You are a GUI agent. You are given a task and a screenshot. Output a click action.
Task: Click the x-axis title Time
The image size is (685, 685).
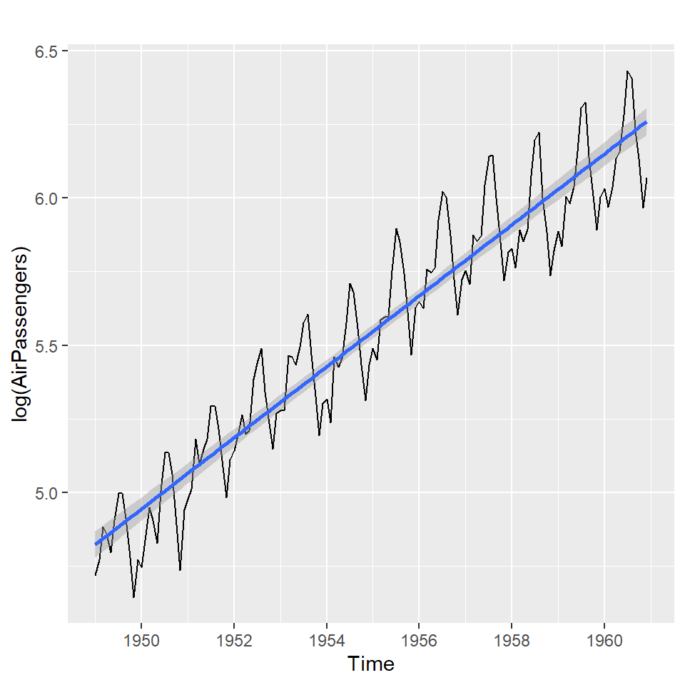pyautogui.click(x=371, y=665)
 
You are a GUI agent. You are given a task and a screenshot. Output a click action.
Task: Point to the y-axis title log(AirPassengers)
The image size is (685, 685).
pyautogui.click(x=23, y=335)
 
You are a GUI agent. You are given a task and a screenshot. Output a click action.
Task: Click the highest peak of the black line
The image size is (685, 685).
pyautogui.click(x=627, y=71)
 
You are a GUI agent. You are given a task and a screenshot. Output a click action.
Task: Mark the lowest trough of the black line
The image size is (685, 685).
pyautogui.click(x=133, y=597)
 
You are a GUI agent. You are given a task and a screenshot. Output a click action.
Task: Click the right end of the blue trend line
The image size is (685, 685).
pyautogui.click(x=646, y=122)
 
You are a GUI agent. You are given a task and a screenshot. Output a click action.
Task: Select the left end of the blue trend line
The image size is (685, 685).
pyautogui.click(x=96, y=544)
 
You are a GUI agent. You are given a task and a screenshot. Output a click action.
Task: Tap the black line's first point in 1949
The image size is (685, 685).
pyautogui.click(x=96, y=575)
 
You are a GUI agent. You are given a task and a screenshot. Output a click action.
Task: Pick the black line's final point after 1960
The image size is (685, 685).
pyautogui.click(x=647, y=178)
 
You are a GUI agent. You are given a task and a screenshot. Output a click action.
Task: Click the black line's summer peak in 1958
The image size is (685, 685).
pyautogui.click(x=539, y=132)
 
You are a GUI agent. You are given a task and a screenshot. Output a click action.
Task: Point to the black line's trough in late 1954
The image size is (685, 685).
pyautogui.click(x=365, y=400)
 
